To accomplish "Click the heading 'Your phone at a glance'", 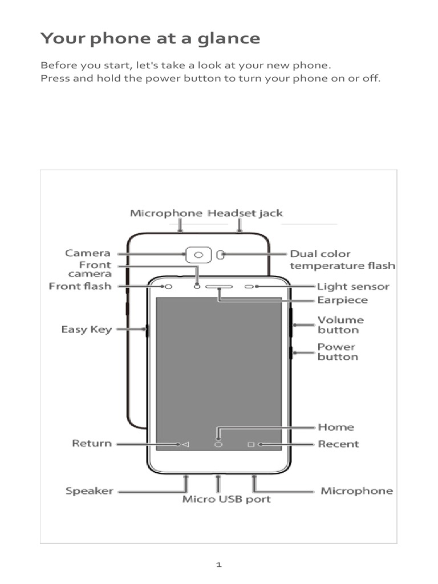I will [x=150, y=39].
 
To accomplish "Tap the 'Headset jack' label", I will [x=245, y=213].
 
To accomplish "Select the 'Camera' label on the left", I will [x=88, y=253].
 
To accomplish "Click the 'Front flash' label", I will [x=80, y=286].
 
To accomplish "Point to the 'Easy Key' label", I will [x=87, y=330].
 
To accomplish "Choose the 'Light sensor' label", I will [x=353, y=286].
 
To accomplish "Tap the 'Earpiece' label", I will [x=342, y=300].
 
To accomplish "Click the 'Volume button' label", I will [x=340, y=325].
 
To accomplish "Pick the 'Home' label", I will [x=335, y=427].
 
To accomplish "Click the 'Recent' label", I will [x=338, y=444].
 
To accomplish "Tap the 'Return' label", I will [x=91, y=443].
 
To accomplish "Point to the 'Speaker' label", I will [x=89, y=490].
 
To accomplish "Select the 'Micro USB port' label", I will [x=226, y=500].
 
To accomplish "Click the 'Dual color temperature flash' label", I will [x=342, y=259].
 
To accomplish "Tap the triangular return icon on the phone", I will [x=185, y=444].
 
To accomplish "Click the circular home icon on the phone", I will [x=218, y=444].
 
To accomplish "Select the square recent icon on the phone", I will [x=250, y=444].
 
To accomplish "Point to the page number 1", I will [x=218, y=565].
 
